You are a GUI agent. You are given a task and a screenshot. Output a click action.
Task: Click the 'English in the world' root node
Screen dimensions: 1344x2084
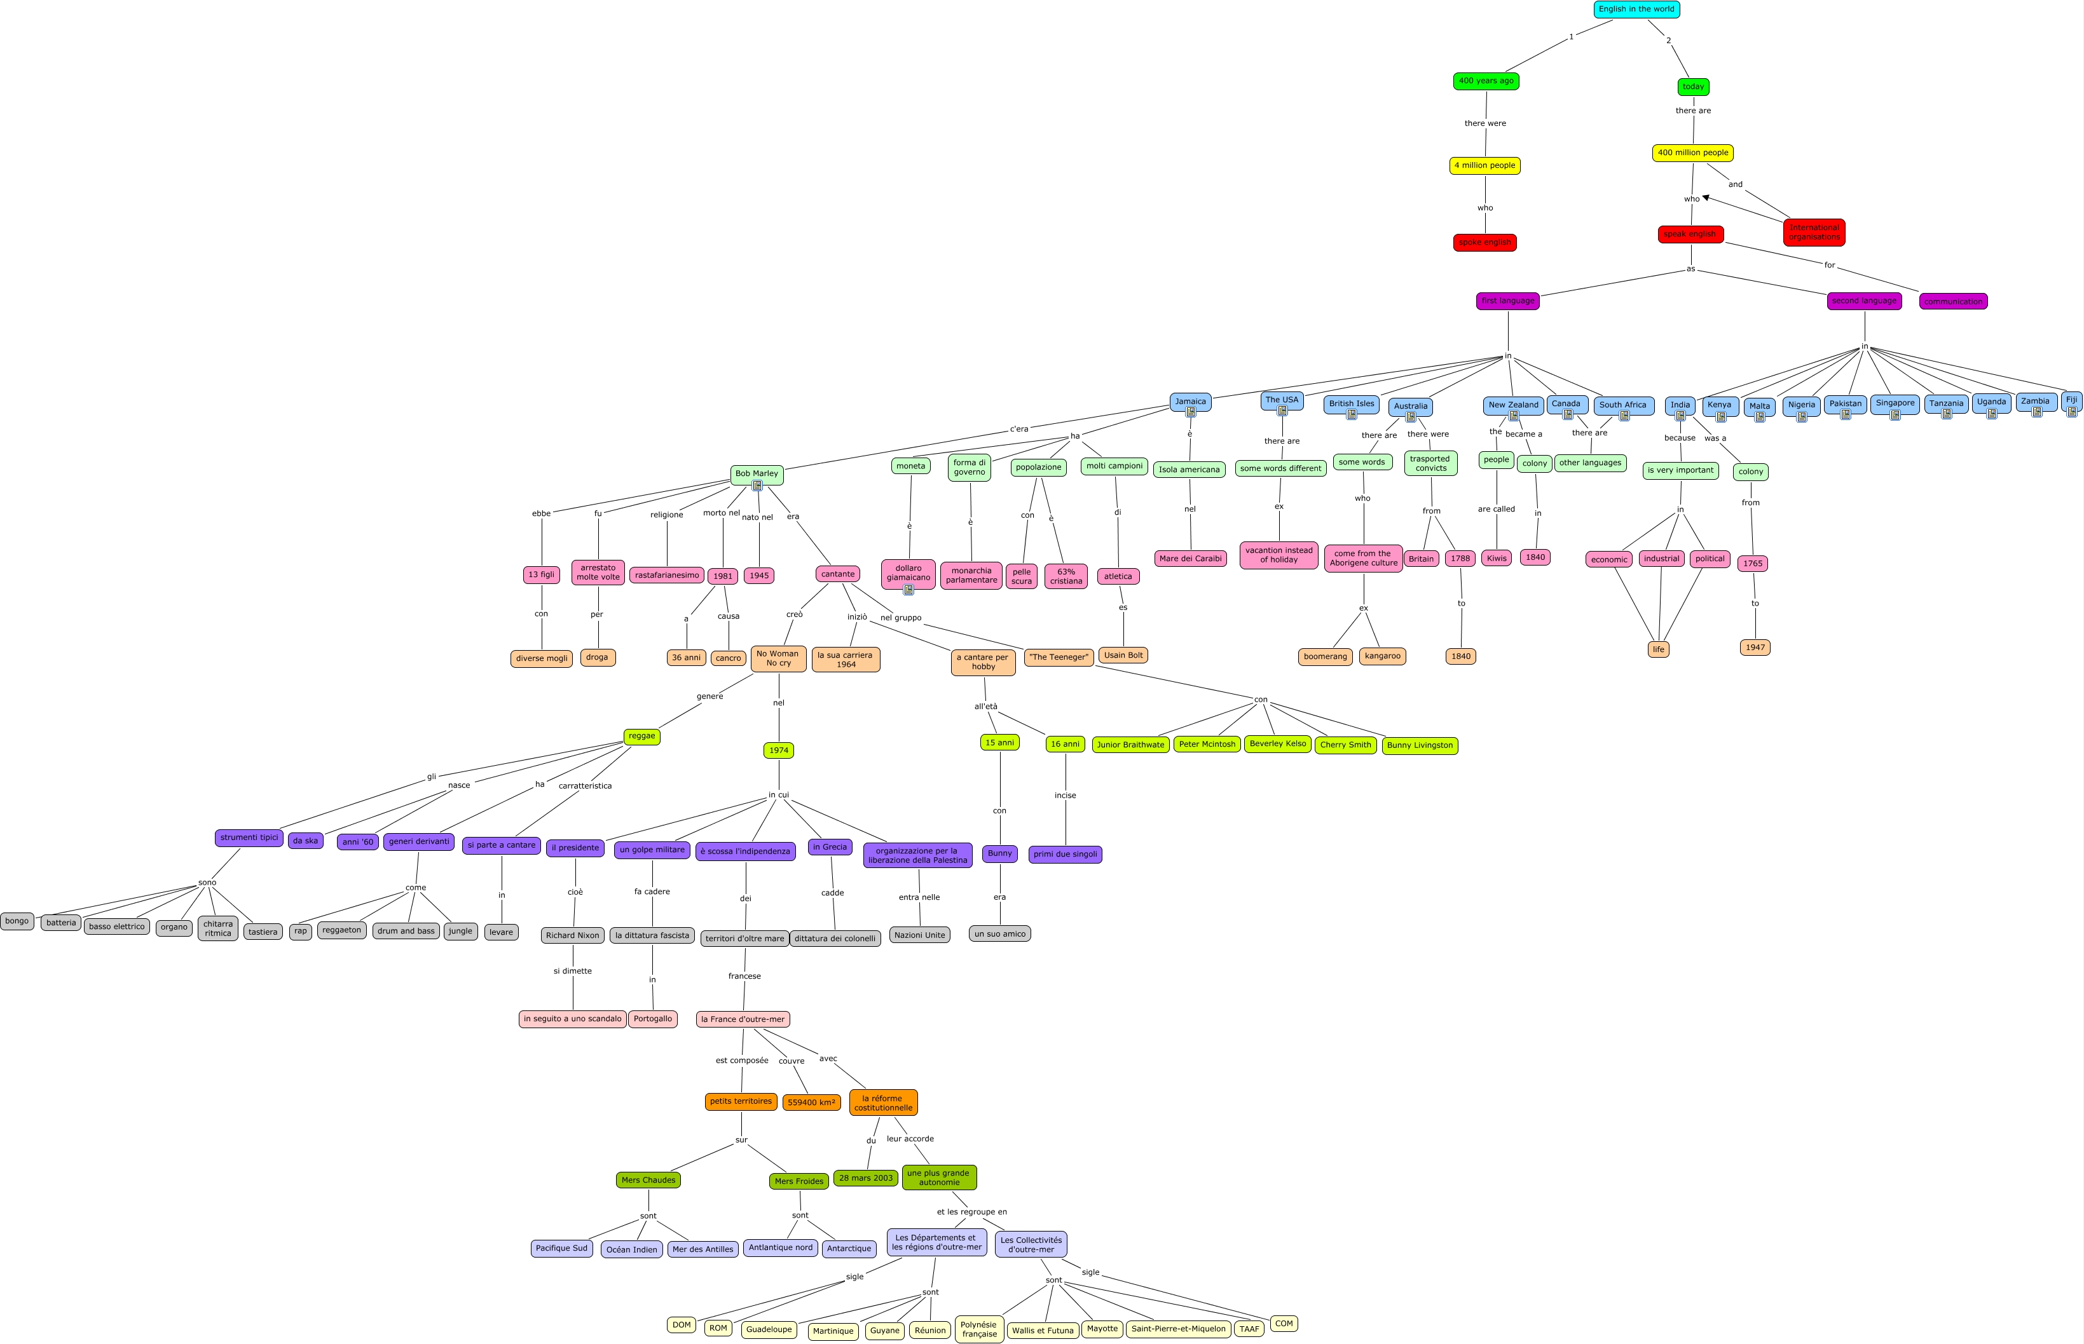pyautogui.click(x=1636, y=10)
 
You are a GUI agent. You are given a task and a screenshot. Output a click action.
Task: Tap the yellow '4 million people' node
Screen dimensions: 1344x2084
pyautogui.click(x=1484, y=166)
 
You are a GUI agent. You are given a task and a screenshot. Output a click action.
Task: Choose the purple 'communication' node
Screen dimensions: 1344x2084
pyautogui.click(x=1952, y=302)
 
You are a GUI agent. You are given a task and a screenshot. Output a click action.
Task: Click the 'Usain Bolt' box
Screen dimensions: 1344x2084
pyautogui.click(x=1123, y=655)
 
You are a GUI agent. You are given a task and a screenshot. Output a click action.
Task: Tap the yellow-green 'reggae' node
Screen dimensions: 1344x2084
pyautogui.click(x=641, y=736)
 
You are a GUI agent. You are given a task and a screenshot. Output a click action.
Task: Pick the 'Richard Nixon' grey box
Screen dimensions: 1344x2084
pyautogui.click(x=573, y=935)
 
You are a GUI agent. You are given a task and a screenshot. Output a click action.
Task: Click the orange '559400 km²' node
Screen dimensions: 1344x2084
pyautogui.click(x=811, y=1103)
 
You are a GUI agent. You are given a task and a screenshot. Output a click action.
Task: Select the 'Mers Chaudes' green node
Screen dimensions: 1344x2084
pyautogui.click(x=648, y=1181)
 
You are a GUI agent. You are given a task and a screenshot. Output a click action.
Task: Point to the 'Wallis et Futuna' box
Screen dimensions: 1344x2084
pyautogui.click(x=1043, y=1331)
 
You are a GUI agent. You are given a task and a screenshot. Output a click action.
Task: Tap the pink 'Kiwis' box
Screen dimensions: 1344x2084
pyautogui.click(x=1497, y=559)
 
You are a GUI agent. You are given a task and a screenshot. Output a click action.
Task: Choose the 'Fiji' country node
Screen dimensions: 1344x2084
pyautogui.click(x=2071, y=400)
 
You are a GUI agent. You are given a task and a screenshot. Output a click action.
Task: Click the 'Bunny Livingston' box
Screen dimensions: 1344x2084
pyautogui.click(x=1420, y=746)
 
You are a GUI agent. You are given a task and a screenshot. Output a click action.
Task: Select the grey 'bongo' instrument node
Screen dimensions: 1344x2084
pyautogui.click(x=17, y=921)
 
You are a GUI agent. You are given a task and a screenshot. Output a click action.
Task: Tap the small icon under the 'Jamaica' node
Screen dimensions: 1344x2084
pyautogui.click(x=1190, y=412)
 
